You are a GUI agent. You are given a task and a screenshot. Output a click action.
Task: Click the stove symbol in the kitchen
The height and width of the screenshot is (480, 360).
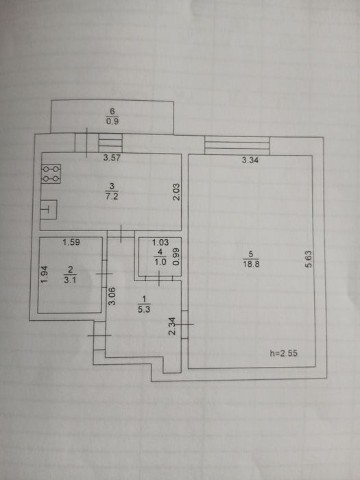tap(51, 173)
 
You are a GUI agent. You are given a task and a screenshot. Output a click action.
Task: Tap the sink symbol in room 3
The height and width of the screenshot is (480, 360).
tap(49, 209)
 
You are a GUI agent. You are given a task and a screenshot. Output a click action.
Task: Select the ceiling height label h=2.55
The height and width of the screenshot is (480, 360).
tap(283, 354)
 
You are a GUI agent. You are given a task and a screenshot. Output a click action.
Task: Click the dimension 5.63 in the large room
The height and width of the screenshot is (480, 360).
tap(309, 259)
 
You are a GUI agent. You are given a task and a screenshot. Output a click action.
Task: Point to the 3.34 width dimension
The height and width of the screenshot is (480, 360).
tap(250, 160)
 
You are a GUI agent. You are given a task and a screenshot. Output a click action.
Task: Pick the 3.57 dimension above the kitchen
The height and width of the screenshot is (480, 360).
tap(111, 158)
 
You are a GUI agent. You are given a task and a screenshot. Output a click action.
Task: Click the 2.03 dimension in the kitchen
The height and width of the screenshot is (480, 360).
tap(177, 191)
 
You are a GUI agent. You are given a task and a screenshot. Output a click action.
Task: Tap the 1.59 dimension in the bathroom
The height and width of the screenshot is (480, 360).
tap(71, 242)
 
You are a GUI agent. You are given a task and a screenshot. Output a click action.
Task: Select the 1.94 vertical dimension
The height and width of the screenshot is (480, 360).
tap(45, 274)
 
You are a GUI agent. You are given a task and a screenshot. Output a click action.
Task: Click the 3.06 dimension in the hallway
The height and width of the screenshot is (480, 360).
tap(112, 296)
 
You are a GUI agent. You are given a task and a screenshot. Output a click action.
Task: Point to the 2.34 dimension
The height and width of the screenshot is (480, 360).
tap(173, 326)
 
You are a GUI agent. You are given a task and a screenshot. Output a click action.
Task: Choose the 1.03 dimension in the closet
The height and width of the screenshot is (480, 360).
tap(160, 243)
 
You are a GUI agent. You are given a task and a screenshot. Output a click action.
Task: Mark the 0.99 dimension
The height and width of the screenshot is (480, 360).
tap(176, 256)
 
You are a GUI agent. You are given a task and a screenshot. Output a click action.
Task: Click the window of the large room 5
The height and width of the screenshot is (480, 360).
tap(237, 145)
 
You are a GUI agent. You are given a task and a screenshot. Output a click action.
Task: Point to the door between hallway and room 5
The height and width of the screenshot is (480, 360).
tap(184, 324)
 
